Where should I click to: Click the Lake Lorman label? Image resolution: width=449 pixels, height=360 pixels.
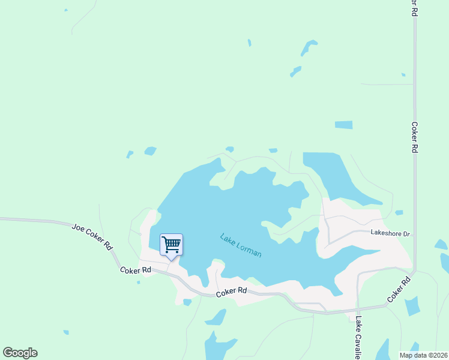tap(241, 245)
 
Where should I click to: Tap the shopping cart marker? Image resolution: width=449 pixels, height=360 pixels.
tap(171, 244)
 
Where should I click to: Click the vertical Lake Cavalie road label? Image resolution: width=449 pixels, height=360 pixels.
tap(358, 337)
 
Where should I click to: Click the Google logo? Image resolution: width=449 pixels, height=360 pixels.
tap(20, 352)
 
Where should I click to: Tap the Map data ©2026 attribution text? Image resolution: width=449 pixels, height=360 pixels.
tap(424, 355)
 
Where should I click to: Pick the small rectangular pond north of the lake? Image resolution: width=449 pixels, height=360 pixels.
tap(343, 125)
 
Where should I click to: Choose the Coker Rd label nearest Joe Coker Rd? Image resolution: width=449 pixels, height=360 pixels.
tap(135, 270)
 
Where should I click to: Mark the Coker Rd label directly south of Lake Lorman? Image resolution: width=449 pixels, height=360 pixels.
tap(231, 291)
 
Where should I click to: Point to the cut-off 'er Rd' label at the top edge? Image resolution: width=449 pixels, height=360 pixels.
tap(414, 7)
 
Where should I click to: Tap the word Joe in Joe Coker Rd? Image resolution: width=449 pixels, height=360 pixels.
tap(77, 228)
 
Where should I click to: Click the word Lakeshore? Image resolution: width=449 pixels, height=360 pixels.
tap(384, 232)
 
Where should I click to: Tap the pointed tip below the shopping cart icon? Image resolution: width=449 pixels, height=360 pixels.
tap(171, 259)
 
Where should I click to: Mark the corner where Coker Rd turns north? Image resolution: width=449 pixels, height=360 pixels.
tap(413, 273)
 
